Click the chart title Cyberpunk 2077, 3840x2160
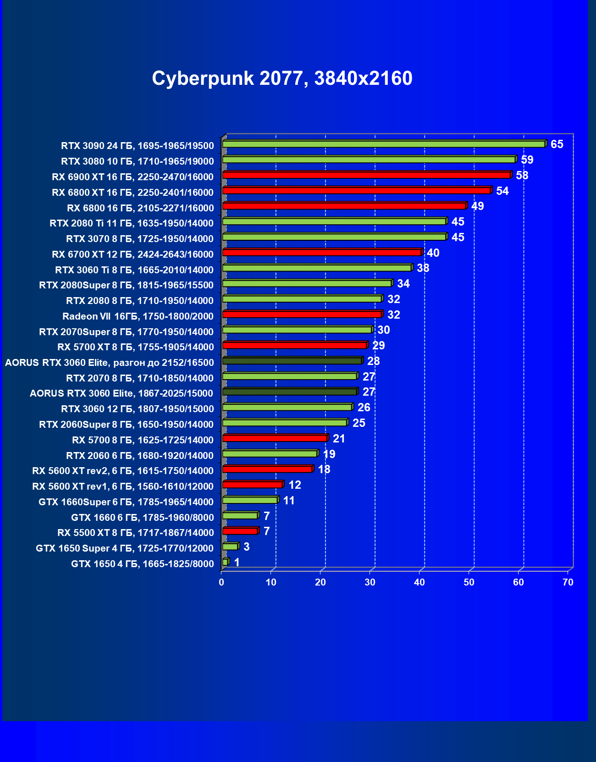click(282, 78)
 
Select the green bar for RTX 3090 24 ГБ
click(383, 144)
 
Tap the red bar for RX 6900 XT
click(366, 175)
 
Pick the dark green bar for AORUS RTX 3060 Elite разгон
click(292, 361)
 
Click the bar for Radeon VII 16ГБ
click(302, 315)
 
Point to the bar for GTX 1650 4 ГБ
click(225, 563)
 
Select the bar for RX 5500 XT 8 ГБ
click(240, 531)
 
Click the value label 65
click(557, 144)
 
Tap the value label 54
click(502, 191)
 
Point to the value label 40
click(433, 253)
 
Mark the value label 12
click(294, 485)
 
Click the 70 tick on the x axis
click(568, 582)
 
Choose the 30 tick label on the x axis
click(370, 582)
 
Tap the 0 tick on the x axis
click(221, 582)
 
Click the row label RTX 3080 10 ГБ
click(137, 161)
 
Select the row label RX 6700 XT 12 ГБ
click(132, 254)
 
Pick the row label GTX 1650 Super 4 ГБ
click(124, 548)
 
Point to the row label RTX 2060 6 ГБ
click(139, 456)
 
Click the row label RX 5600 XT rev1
click(122, 486)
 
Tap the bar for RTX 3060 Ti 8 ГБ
click(316, 268)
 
